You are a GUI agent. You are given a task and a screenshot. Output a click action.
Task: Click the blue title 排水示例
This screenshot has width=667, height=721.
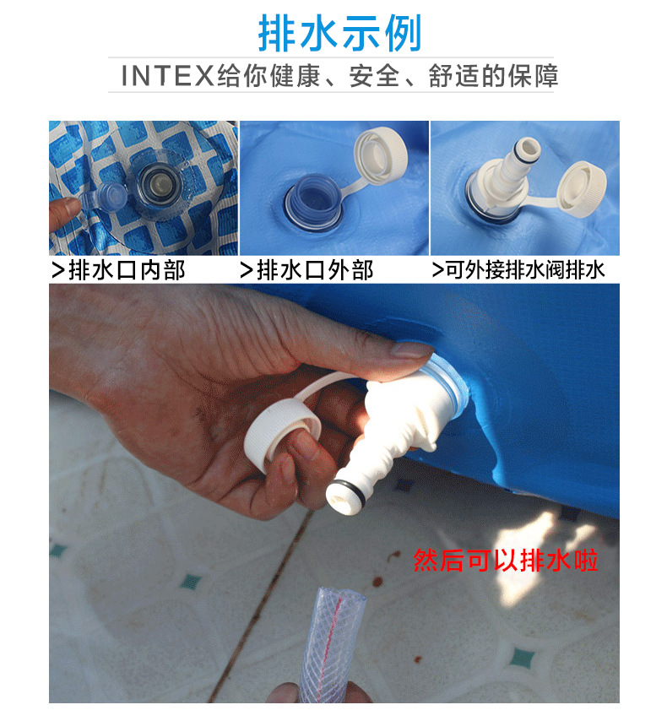339,33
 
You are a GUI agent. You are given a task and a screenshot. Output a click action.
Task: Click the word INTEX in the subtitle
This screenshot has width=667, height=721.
167,76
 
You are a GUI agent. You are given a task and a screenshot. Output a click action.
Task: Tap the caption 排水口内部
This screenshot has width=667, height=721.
127,270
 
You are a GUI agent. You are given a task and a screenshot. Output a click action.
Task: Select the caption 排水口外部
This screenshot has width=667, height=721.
315,270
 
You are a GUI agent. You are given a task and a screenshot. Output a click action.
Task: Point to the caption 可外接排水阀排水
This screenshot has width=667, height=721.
525,270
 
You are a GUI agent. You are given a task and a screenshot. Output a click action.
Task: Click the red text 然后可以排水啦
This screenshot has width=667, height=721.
506,560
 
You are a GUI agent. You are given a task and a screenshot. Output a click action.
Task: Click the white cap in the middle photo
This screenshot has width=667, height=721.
381,154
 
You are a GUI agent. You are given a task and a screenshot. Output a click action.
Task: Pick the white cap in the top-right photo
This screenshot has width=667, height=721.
582,187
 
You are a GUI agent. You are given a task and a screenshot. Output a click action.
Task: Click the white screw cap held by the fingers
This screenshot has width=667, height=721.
281,433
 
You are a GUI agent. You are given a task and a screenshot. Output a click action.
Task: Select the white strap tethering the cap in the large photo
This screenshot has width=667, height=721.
322,385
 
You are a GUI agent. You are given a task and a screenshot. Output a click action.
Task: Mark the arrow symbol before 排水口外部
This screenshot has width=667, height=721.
247,271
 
